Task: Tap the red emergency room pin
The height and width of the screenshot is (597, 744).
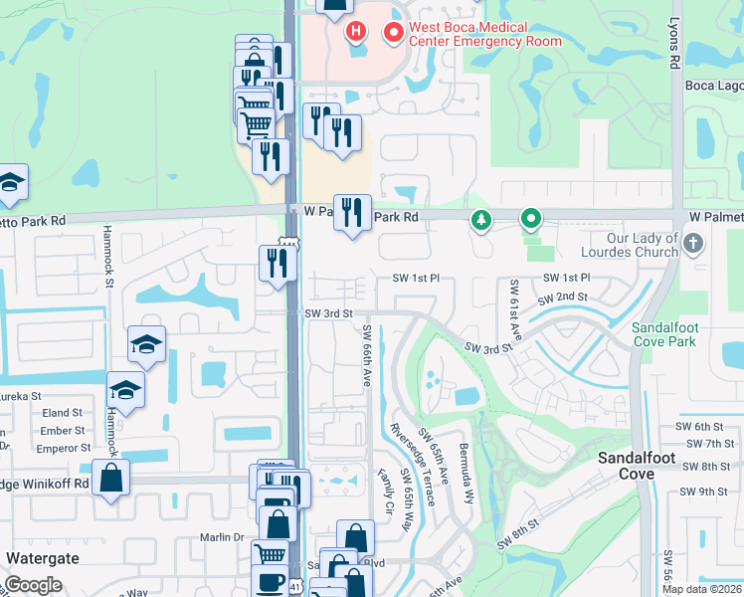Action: pyautogui.click(x=394, y=34)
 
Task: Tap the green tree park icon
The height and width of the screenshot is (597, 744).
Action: pyautogui.click(x=481, y=219)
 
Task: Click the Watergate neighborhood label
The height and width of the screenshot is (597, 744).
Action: pyautogui.click(x=43, y=558)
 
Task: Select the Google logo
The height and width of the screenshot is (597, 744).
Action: pyautogui.click(x=33, y=585)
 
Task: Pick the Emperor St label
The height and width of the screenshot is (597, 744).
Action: pyautogui.click(x=63, y=449)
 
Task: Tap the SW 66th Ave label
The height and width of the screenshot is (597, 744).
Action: pyautogui.click(x=366, y=356)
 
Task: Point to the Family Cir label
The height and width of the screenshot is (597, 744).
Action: pyautogui.click(x=387, y=492)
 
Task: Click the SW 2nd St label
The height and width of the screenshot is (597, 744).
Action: pyautogui.click(x=561, y=298)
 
